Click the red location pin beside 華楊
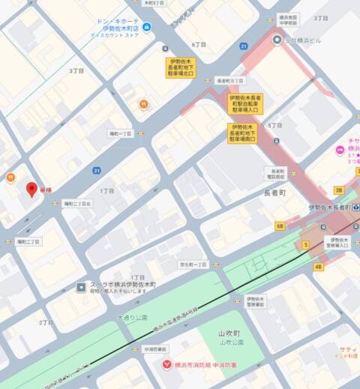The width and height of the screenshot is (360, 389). tap(31, 190)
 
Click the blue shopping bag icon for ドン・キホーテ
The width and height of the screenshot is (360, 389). tap(148, 28)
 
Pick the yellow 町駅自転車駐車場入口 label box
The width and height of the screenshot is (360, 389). tap(246, 103)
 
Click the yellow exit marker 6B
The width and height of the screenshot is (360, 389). tap(280, 225)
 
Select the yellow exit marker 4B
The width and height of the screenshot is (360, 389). tap(318, 266)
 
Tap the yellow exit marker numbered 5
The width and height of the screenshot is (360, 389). tap(305, 245)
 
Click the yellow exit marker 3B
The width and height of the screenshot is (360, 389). tap(338, 190)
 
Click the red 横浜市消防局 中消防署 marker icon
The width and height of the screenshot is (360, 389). tap(166, 364)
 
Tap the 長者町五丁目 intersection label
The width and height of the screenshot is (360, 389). tap(230, 80)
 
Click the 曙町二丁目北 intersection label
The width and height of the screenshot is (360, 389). tap(77, 203)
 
